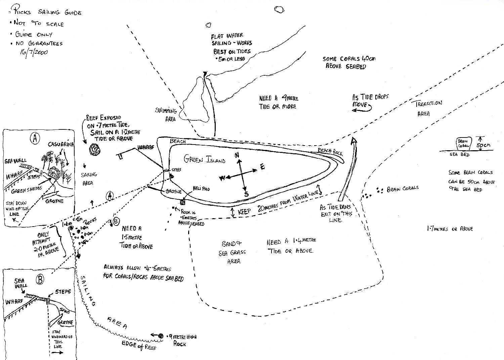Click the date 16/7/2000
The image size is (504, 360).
point(34,52)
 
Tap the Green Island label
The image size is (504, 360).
point(205,159)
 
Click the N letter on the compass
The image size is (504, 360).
point(237,155)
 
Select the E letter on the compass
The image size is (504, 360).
point(262,167)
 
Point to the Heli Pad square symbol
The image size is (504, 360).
point(182,202)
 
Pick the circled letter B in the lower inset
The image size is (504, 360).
point(40,279)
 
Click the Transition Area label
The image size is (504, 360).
point(426,108)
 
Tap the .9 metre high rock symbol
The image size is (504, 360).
point(161,335)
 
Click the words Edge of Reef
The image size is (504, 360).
point(139,345)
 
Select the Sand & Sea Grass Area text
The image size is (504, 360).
point(232,252)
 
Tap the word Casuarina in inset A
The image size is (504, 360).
point(60,144)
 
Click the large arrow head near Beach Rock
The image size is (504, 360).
point(353,141)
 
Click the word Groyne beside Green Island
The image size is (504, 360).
point(173,192)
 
